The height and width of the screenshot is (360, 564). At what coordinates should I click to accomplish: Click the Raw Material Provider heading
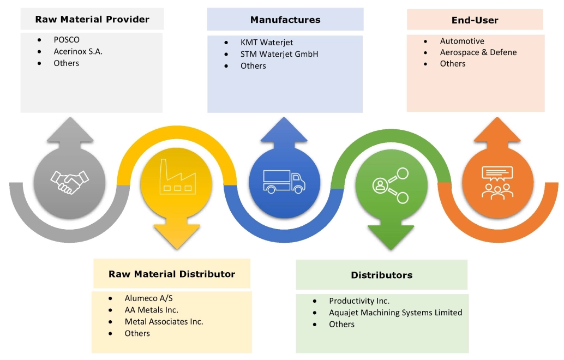(92, 20)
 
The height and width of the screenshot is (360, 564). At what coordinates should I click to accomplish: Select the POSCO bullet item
(67, 40)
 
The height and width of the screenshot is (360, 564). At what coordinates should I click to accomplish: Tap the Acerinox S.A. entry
(78, 52)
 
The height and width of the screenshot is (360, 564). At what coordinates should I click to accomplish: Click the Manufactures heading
(285, 20)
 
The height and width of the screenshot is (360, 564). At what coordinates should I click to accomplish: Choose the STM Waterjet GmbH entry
(279, 54)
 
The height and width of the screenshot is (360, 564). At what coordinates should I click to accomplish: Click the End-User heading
(475, 21)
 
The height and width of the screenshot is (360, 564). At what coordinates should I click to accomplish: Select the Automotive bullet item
(462, 41)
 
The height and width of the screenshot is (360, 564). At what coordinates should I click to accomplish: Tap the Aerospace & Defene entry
(478, 52)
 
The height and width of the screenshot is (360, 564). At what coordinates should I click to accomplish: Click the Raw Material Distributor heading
(172, 274)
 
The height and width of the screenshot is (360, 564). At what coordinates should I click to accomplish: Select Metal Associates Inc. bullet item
(164, 322)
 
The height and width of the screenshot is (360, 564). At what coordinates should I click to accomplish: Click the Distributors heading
(382, 275)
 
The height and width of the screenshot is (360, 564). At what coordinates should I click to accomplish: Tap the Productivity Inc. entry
(359, 301)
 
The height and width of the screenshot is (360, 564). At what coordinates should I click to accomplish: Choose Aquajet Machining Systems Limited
(395, 313)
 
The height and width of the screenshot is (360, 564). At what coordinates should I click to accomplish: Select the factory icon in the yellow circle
(175, 181)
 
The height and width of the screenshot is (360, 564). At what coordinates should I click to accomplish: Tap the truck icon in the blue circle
(284, 181)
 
